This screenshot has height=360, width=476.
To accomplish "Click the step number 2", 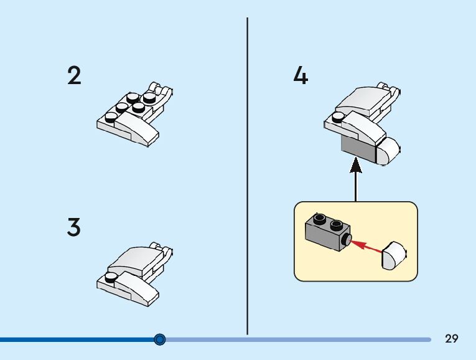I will (x=74, y=75).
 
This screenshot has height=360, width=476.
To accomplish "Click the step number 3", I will (x=74, y=227).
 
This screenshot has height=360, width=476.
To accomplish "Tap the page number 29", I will (x=452, y=339).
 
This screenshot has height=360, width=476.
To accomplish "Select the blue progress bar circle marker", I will (x=160, y=339).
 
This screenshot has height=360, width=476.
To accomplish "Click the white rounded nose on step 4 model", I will (x=389, y=150).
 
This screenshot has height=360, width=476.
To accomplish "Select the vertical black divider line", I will (x=248, y=174).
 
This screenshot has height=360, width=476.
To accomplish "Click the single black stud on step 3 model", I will (x=111, y=278).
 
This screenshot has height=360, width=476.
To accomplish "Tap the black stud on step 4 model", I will (x=338, y=116).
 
